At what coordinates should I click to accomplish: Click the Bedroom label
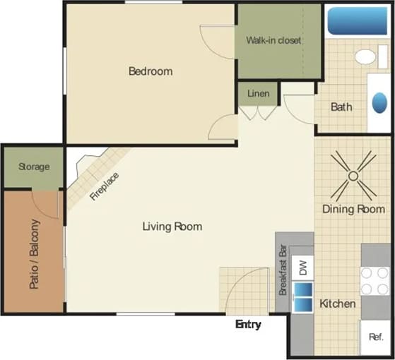point(150,71)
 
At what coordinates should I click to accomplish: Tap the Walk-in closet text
point(273,40)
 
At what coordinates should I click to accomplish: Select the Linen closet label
point(257,92)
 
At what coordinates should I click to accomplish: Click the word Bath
point(341,107)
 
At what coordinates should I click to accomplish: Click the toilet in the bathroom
point(366,56)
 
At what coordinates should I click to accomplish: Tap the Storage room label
point(34,167)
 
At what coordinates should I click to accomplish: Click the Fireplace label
point(105,186)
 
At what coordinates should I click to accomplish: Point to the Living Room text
point(172,227)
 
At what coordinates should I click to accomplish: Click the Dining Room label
point(353,209)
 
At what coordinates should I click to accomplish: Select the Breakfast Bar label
point(283,272)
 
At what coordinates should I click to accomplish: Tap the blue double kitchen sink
point(302,296)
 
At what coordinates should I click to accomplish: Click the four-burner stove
point(375,280)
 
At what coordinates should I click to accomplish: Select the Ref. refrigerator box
point(375,337)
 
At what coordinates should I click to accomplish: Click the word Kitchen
point(338,304)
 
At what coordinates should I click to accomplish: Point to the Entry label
point(248,325)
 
